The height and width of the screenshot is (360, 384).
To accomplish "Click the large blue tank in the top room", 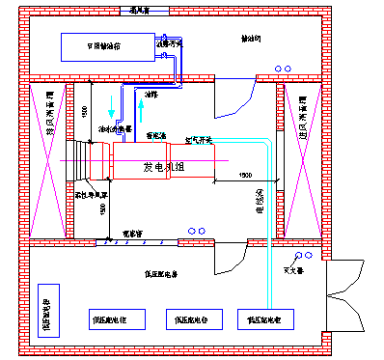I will [x=107, y=46].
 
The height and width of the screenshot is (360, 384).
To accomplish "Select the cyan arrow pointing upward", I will [x=141, y=109].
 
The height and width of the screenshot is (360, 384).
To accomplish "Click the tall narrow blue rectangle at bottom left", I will [x=48, y=311].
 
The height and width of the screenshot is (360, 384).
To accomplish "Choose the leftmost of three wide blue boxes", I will [x=117, y=319].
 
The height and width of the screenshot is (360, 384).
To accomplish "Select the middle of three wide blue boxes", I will [x=194, y=319].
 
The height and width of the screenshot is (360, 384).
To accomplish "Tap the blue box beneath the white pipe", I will [x=265, y=319].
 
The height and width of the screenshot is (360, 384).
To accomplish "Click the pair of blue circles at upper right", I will [x=283, y=69].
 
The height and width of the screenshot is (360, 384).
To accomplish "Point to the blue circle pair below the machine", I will [x=197, y=231].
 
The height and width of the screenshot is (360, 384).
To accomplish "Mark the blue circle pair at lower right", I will [x=304, y=256].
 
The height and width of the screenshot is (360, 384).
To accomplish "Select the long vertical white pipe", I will [x=269, y=232].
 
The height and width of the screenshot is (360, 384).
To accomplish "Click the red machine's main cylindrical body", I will [x=140, y=161].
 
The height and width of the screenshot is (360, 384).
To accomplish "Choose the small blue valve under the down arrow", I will [x=118, y=124].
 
